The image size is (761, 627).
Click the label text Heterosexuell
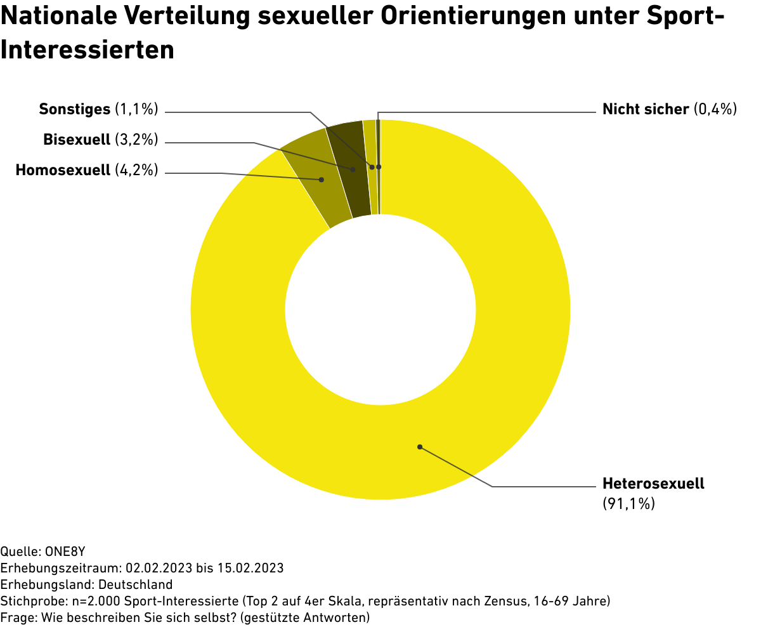[x=653, y=484]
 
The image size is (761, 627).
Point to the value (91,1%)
[x=628, y=504]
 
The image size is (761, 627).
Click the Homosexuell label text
[x=63, y=170]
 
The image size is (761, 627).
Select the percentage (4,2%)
[x=136, y=170]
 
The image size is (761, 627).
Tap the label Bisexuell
[x=77, y=140]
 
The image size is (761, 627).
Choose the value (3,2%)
[x=136, y=140]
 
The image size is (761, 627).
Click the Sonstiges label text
[x=75, y=109]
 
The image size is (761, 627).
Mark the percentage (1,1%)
[x=136, y=109]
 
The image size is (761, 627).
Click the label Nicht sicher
[x=646, y=109]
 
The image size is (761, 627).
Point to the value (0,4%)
[x=716, y=109]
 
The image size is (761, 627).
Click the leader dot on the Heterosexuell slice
[x=420, y=446]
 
